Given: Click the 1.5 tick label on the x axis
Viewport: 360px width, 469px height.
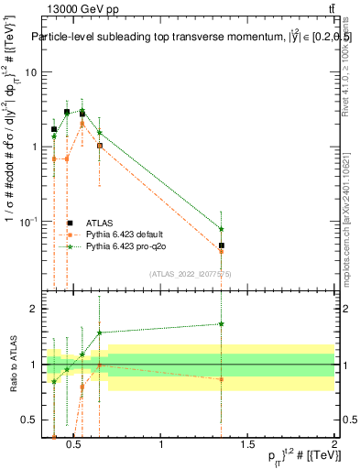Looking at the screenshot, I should (247, 445).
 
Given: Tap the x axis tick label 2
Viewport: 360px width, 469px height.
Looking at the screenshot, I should (334, 445).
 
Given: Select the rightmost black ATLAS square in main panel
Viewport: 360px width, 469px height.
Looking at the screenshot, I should (222, 245).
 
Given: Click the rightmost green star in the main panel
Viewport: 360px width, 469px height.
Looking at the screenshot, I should (222, 229).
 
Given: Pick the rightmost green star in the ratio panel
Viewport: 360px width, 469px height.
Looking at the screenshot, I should (222, 323).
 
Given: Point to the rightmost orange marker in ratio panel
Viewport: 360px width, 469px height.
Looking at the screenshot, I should (222, 379).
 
